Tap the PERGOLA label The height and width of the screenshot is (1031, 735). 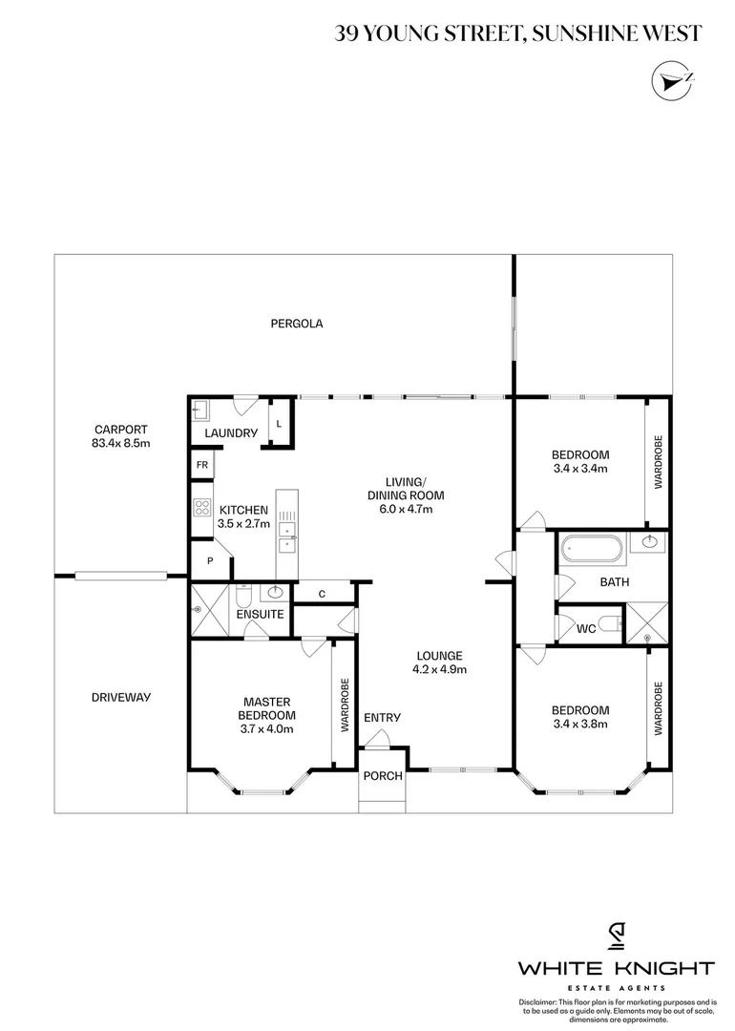point(296,324)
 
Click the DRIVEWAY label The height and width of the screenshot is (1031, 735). point(121,697)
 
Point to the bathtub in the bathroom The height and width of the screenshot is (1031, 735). point(591,550)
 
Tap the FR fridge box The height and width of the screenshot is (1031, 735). point(202,465)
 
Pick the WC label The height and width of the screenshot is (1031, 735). point(587,628)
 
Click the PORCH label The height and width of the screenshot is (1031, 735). point(382,776)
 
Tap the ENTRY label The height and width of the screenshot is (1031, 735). point(382,718)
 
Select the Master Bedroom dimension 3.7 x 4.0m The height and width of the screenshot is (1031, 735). point(266,728)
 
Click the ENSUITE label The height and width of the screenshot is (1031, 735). point(260,614)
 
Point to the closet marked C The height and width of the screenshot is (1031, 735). point(322,594)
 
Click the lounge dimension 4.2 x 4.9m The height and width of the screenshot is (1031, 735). point(439,669)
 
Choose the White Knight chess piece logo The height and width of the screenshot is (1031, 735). point(616,935)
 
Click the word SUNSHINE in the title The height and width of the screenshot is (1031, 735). point(586,33)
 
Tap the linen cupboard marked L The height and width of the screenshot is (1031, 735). point(279,423)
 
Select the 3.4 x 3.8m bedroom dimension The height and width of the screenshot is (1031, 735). point(580,723)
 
